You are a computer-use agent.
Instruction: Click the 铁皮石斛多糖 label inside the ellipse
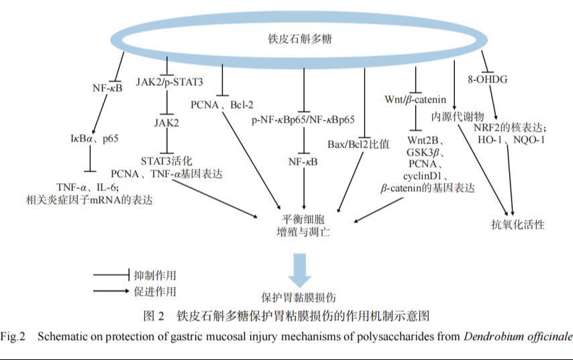291,40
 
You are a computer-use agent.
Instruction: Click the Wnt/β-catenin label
415,100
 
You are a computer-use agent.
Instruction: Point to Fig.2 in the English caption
13,336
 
